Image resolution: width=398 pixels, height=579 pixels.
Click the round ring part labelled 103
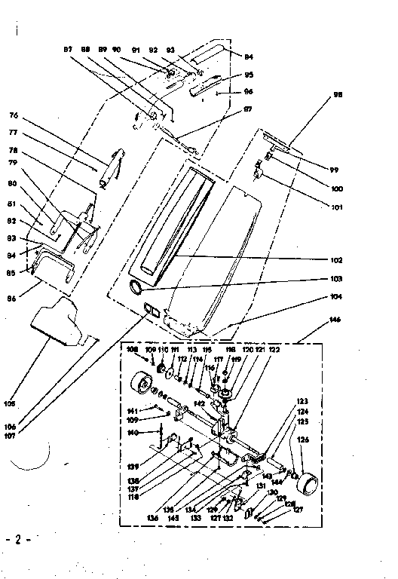coord(137,286)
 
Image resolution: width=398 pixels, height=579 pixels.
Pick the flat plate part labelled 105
coord(62,320)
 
